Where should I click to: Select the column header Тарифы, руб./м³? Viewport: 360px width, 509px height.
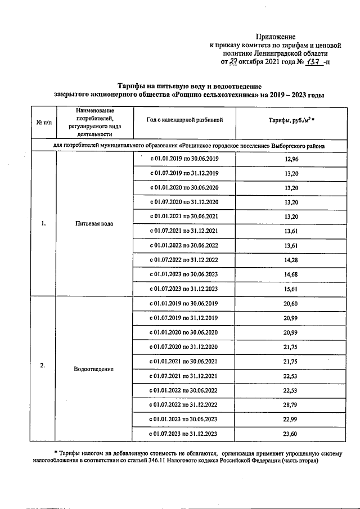point(291,120)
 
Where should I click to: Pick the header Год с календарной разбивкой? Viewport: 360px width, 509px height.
point(184,120)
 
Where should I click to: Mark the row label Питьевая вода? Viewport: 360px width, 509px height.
point(93,224)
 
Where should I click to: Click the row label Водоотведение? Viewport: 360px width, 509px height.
point(93,369)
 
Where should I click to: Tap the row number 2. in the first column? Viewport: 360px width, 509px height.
point(43,366)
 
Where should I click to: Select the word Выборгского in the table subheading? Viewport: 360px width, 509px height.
point(289,146)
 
